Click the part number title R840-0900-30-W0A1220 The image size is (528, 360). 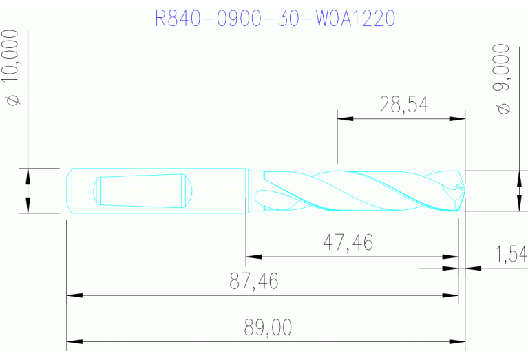point(275,18)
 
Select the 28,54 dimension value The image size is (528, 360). point(404,105)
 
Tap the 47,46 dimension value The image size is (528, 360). point(348,242)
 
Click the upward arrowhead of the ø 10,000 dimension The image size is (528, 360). point(28,176)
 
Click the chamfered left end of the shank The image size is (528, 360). point(70,191)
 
